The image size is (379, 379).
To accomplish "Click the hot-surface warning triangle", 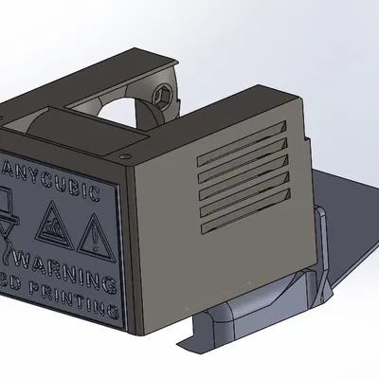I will pos(52,226).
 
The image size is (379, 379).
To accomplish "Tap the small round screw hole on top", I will pos(123,151).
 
